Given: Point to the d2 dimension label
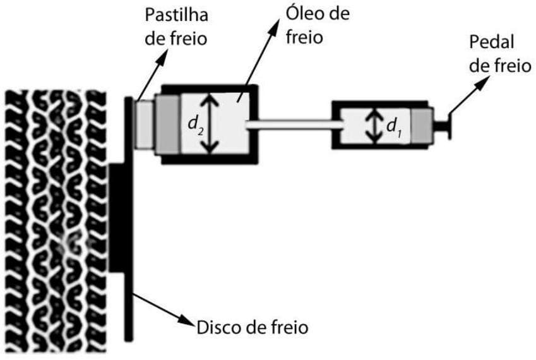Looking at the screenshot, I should (194, 123).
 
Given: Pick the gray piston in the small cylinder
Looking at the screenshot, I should (422, 124).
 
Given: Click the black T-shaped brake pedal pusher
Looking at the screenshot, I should (446, 124).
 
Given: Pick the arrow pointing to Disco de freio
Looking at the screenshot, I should (164, 309).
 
